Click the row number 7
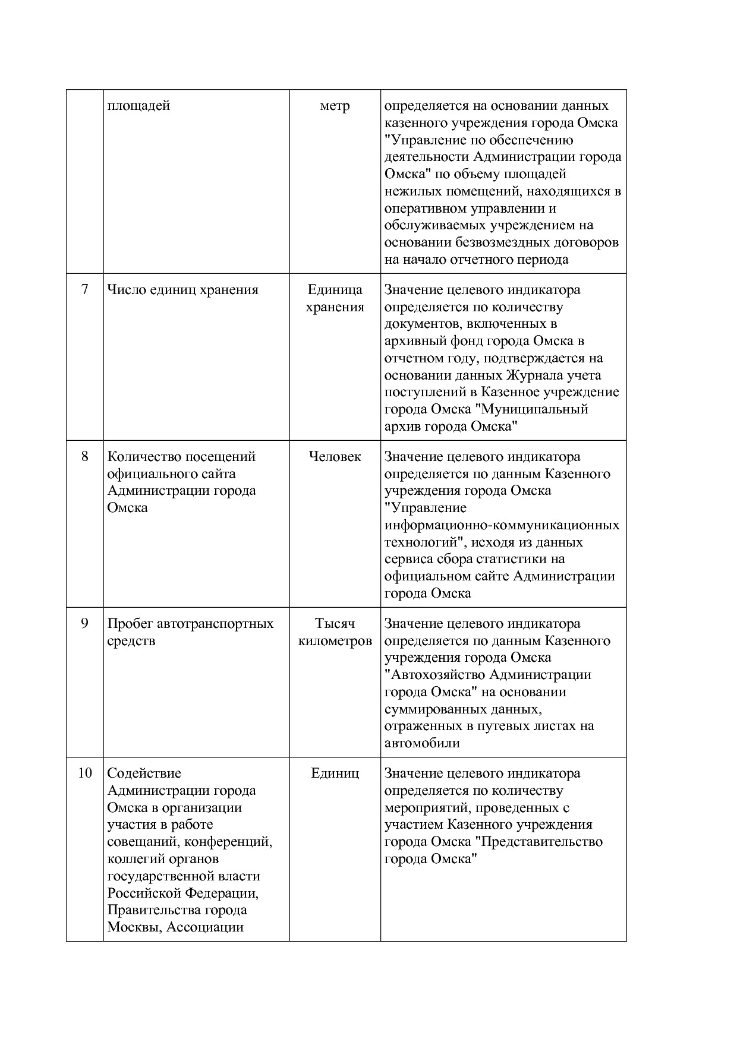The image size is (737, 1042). coord(84,290)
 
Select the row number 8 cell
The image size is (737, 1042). coord(84,457)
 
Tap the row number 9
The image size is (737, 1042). coord(84,624)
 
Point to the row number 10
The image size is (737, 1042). coord(84,773)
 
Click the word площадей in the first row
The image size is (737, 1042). coord(138,106)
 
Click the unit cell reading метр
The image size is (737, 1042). coord(335,106)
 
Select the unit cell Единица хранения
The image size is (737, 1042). coord(335,298)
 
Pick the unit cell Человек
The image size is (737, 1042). coord(335,457)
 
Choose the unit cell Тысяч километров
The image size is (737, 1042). coord(335,632)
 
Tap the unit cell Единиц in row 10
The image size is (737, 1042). coord(335,773)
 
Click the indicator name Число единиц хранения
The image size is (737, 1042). coord(182,290)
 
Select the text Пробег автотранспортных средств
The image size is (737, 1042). coord(190,632)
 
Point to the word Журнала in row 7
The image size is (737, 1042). coord(528,375)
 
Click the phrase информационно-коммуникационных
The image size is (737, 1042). coord(502,525)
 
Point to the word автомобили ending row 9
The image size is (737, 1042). coord(422,743)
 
